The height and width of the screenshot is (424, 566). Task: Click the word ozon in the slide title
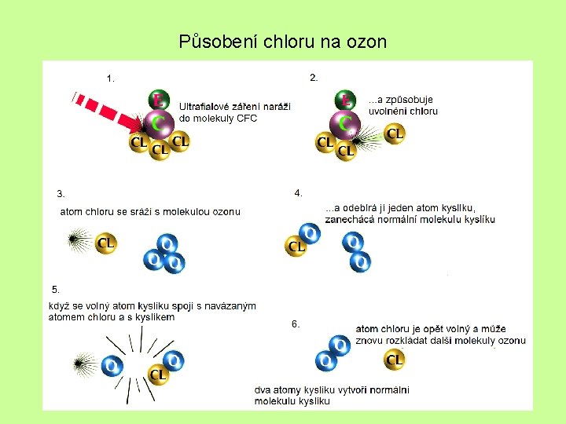coord(366,42)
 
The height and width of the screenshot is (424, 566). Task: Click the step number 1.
coord(111,78)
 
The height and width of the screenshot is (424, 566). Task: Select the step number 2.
coord(314,77)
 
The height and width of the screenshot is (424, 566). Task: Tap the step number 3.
coord(61,193)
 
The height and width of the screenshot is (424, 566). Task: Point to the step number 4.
coord(298,192)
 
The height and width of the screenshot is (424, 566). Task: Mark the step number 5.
coord(55,289)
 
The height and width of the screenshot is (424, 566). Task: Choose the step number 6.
coord(296,323)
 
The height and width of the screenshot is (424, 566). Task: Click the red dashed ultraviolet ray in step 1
coord(106,110)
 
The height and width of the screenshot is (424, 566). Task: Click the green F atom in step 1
coord(158,101)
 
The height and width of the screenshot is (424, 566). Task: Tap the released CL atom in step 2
coord(395,134)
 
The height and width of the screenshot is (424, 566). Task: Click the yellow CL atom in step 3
coord(106,243)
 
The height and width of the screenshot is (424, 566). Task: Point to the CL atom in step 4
coord(296,247)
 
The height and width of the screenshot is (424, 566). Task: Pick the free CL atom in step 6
coord(395,360)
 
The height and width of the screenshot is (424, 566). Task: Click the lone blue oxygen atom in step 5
coord(112,366)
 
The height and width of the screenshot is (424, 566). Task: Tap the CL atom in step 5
coord(157,375)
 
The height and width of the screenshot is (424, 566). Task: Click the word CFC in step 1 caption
coord(246,119)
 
